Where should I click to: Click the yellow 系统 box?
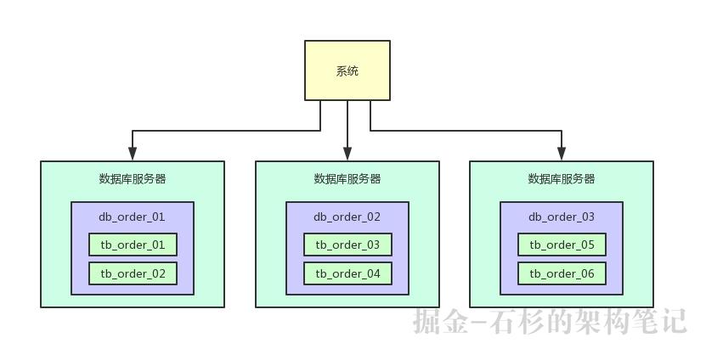point(347,70)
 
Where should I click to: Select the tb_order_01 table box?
point(133,245)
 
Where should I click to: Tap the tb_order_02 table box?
point(133,273)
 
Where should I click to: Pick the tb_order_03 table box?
point(347,245)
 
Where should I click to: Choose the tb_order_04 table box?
point(347,273)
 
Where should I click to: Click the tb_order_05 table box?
point(562,245)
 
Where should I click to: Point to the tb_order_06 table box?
point(562,273)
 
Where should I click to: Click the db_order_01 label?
point(133,217)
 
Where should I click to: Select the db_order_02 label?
point(347,217)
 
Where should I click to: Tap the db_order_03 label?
point(562,217)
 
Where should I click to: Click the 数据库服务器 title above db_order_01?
point(133,179)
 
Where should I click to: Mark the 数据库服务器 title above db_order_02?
point(347,179)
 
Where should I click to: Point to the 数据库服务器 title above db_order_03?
point(562,179)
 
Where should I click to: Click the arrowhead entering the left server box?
point(133,155)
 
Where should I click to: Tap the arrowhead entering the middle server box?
point(347,155)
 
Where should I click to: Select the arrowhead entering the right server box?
point(562,155)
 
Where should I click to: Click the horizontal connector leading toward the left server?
point(226,131)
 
